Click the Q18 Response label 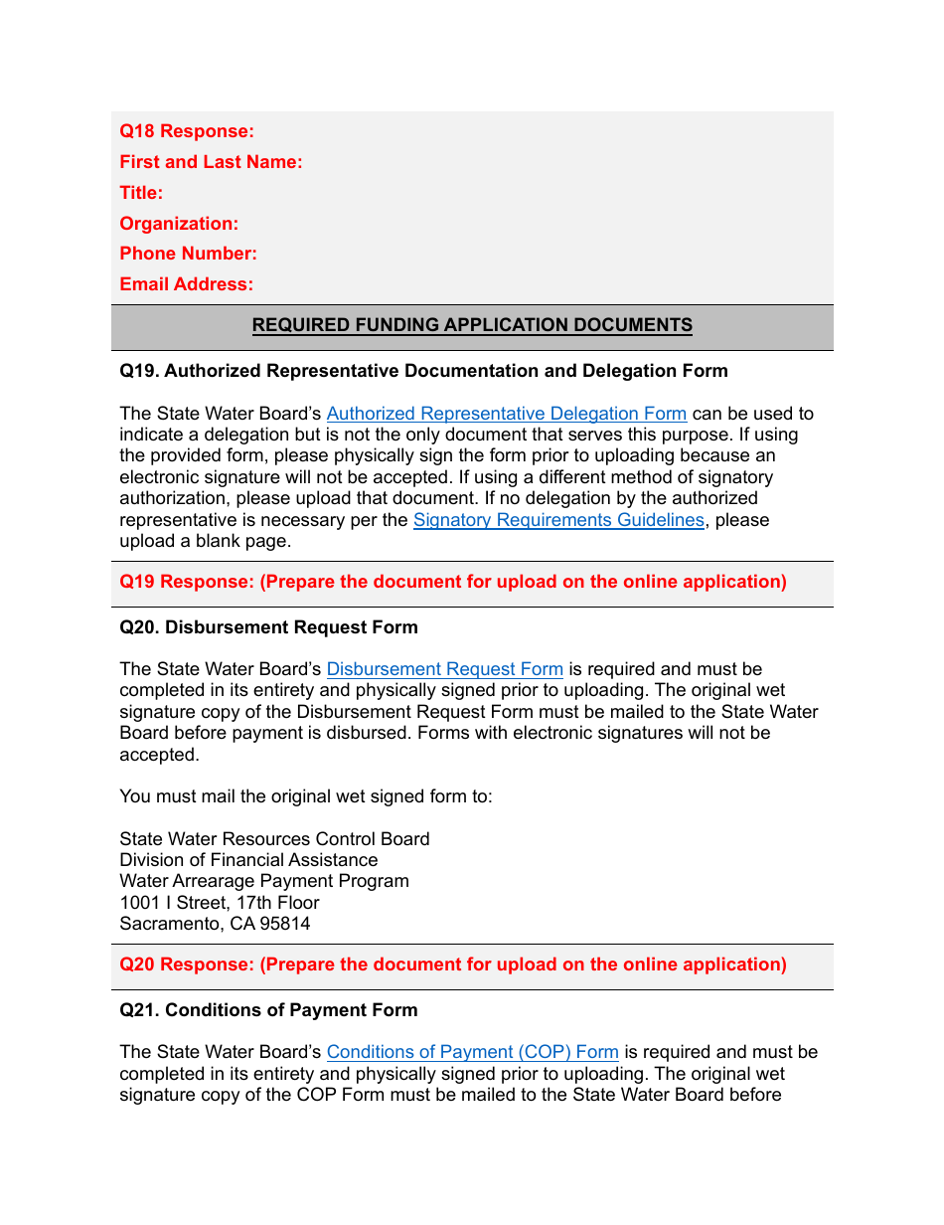(187, 131)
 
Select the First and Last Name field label (211, 162)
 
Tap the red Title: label (141, 193)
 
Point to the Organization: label (179, 224)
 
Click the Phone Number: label (188, 254)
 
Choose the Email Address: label (186, 284)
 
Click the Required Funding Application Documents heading (472, 325)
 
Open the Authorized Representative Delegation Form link (506, 414)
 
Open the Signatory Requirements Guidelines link (558, 520)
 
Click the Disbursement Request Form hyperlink (444, 669)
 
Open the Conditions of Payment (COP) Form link (472, 1052)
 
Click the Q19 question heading (423, 371)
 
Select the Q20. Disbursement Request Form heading (268, 627)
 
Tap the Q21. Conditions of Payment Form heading (268, 1010)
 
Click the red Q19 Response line (452, 582)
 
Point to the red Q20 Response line (452, 964)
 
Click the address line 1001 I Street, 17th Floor (220, 903)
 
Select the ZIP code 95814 (284, 924)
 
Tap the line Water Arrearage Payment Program (264, 881)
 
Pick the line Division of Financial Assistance (248, 860)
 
